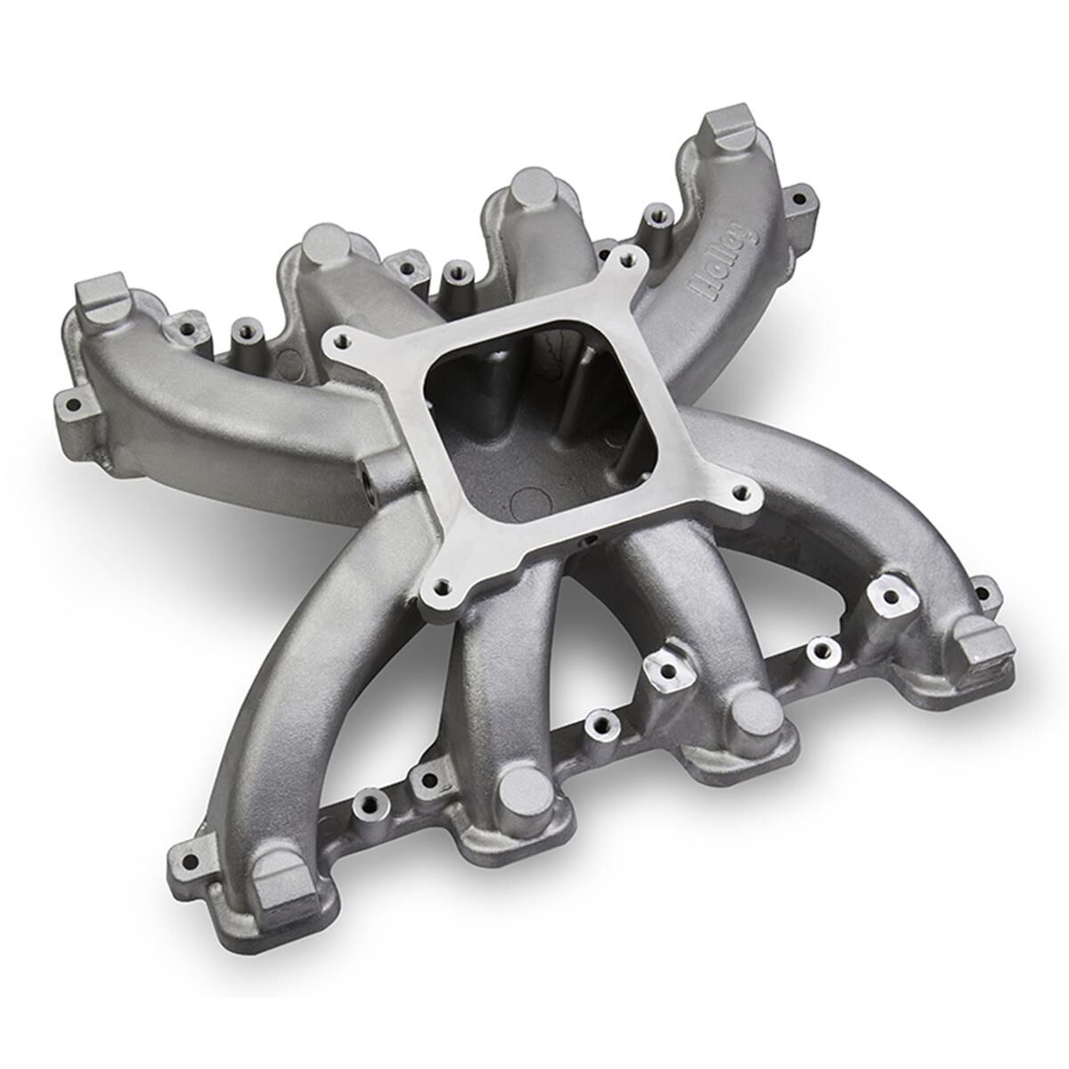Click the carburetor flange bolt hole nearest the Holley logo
click(633, 258)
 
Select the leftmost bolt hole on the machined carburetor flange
click(335, 338)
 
